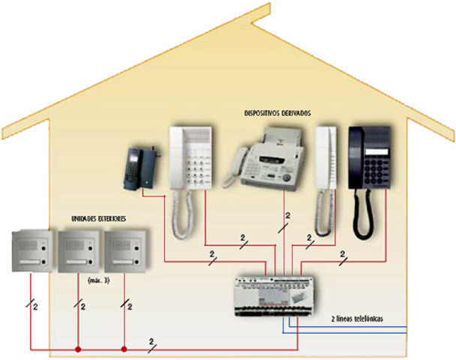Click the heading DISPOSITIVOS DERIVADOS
277,112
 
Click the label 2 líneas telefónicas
358,319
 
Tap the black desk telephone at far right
370,157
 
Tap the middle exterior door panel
79,250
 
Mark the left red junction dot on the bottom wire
77,349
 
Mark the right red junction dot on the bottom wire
124,349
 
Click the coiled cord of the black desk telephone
363,214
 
